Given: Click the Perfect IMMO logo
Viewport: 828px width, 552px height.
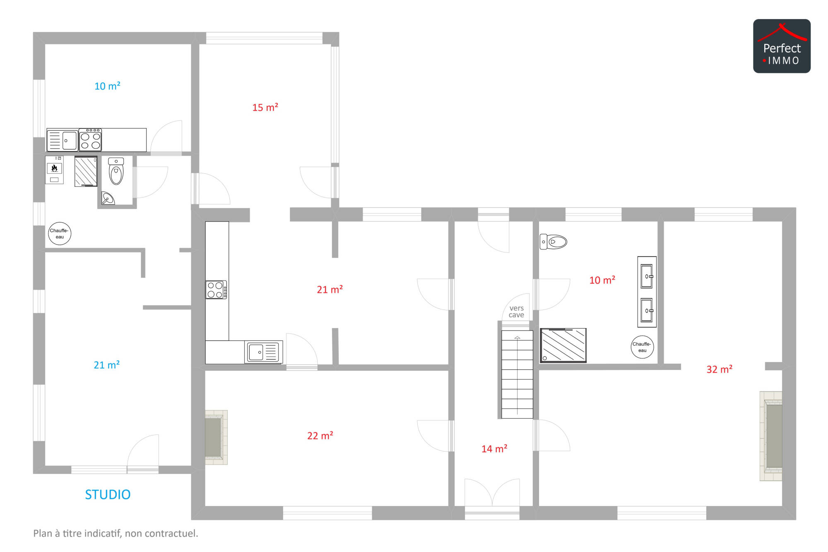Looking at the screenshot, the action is (782, 46).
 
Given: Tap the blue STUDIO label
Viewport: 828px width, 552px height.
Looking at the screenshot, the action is (108, 494).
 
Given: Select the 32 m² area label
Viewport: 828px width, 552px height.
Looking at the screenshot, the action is (720, 369).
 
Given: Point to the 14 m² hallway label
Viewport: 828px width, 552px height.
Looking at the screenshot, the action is (494, 449).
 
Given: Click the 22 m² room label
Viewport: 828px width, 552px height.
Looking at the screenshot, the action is (320, 435).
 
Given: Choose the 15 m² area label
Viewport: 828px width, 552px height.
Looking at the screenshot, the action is (265, 107).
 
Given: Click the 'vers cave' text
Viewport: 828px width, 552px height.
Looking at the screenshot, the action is (517, 312).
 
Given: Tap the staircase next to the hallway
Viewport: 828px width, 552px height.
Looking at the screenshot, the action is (517, 374).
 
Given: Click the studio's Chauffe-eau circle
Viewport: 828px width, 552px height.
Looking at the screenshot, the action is (60, 234).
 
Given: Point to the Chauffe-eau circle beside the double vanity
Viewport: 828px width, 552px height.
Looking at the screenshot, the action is (642, 347).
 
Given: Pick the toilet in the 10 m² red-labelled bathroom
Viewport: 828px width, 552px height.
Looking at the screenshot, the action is (553, 242).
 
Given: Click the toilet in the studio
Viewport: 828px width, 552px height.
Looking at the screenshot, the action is (116, 171).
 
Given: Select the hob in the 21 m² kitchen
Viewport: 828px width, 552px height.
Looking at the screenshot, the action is (216, 290).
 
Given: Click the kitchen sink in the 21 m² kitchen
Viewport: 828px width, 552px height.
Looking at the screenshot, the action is (263, 352).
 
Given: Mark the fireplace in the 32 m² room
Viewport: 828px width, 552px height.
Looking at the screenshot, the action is (771, 436).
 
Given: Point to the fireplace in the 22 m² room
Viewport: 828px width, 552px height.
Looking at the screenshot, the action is (216, 437).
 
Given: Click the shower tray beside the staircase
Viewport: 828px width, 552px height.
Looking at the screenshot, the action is (563, 345).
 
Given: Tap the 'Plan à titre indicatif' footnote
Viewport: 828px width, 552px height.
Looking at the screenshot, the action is (116, 533).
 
